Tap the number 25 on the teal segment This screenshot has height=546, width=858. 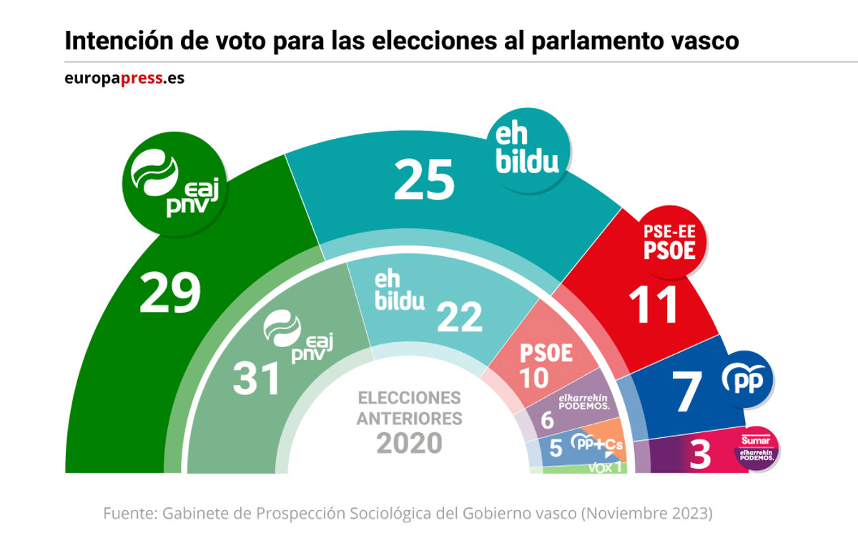point(423,179)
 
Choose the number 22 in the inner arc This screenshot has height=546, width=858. point(459,316)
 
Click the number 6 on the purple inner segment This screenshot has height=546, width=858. point(547,420)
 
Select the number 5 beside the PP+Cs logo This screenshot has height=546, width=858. point(555,449)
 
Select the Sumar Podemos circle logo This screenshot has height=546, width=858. point(757,450)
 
